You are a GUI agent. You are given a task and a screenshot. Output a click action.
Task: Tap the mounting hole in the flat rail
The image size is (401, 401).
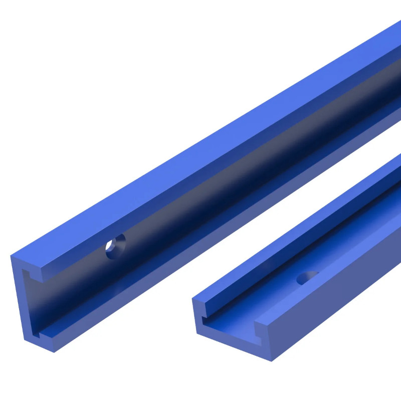tap(307, 277)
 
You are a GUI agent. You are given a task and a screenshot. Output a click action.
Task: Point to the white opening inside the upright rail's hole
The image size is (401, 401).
tap(109, 246)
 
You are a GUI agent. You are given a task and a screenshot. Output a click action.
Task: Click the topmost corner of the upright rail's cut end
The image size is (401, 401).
tap(11, 255)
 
